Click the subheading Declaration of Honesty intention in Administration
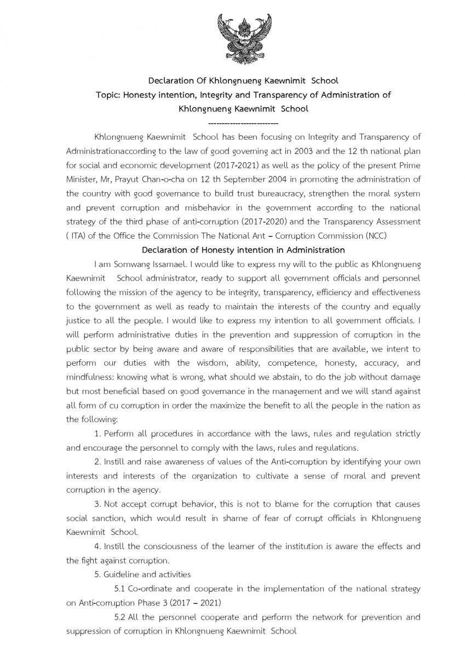[x=243, y=250]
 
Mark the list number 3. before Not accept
[x=97, y=503]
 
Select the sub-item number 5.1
[x=120, y=589]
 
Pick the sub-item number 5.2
[x=120, y=617]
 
